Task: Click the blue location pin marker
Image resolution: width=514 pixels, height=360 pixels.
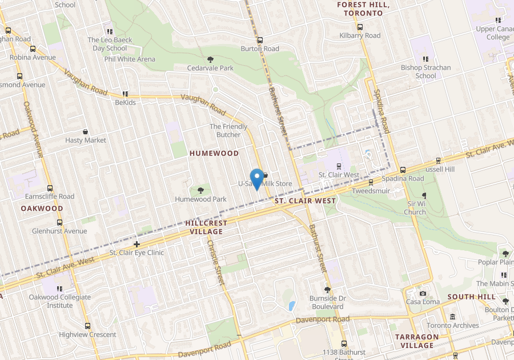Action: coord(257,179)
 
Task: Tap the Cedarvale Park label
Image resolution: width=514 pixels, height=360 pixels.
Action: coord(210,68)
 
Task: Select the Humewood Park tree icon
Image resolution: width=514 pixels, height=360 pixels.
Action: coord(200,190)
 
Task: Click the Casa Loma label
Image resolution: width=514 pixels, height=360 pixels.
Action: coord(422,302)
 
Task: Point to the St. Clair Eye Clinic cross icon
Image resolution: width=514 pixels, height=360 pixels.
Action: coord(136,244)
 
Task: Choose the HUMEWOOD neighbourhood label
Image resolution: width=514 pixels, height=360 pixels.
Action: coord(214,154)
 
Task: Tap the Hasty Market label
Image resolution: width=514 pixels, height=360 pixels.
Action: coord(86,140)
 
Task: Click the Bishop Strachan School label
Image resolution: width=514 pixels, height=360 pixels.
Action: coord(425,71)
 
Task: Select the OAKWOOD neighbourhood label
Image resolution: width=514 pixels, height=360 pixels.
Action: coord(42,209)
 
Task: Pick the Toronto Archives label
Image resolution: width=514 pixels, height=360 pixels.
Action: coord(452,325)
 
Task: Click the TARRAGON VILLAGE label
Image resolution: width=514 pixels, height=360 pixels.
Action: coord(417,341)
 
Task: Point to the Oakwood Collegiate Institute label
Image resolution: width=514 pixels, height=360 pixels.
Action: coord(60,301)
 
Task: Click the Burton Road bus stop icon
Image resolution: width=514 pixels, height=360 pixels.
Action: coord(260,41)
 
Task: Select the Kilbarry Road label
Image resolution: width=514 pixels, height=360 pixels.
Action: coord(359,35)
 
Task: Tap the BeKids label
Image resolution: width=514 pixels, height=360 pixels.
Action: coord(125,103)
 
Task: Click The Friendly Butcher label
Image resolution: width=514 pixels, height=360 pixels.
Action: coord(228,130)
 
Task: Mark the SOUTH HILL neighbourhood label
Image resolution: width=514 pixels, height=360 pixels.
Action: coord(471,297)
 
